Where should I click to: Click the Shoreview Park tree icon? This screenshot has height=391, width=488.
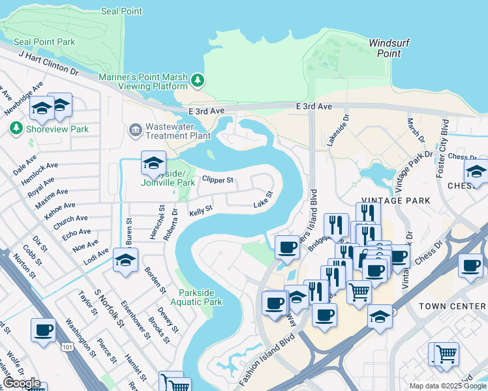16,129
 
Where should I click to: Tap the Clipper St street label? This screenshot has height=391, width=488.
217,179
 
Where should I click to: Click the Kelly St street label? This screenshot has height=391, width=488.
200,211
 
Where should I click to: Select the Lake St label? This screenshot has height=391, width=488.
262,206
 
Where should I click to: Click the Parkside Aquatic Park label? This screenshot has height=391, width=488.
196,297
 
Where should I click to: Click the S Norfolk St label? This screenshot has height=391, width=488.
109,310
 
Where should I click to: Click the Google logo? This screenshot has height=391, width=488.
21,383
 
